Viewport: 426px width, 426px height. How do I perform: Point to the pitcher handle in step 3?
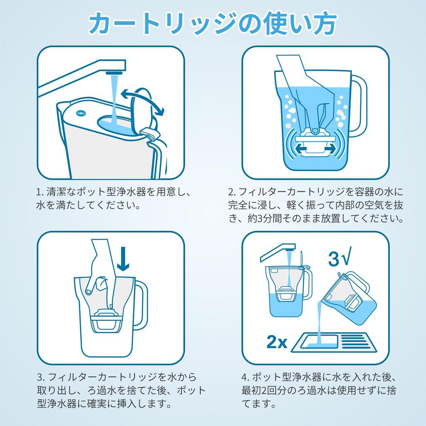pos(141,304)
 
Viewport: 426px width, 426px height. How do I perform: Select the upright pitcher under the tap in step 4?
pos(287,291)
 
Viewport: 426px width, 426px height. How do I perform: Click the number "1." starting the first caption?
pos(40,192)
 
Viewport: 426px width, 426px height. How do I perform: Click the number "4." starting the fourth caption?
pos(246,377)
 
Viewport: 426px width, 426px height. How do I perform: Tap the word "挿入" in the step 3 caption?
pos(126,403)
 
